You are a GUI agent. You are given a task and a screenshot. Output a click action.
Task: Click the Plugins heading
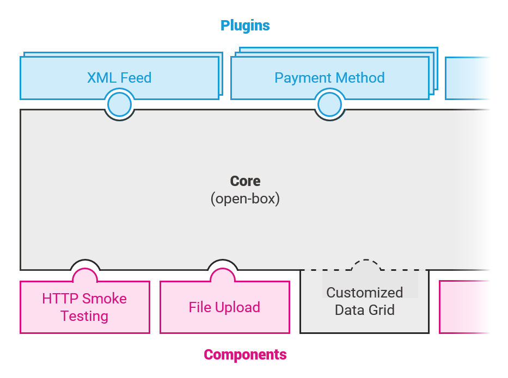pos(245,26)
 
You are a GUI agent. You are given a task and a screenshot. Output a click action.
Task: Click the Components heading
pos(245,355)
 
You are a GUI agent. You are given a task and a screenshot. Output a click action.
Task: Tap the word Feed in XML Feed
pos(136,78)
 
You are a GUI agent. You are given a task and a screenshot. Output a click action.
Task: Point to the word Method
pos(358,78)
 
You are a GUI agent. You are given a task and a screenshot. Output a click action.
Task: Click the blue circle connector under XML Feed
pos(119,104)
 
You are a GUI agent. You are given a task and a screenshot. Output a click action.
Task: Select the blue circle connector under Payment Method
pos(329,104)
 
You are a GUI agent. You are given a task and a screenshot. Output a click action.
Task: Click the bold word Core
pos(245,181)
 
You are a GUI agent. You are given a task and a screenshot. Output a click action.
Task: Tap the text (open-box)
pos(245,199)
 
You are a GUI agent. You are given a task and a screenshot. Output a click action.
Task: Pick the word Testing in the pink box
pos(84,316)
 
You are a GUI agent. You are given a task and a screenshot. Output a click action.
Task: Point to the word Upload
pos(237,307)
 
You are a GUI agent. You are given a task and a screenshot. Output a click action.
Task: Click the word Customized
pos(364,293)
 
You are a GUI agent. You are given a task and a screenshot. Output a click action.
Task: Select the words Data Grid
pos(364,311)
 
